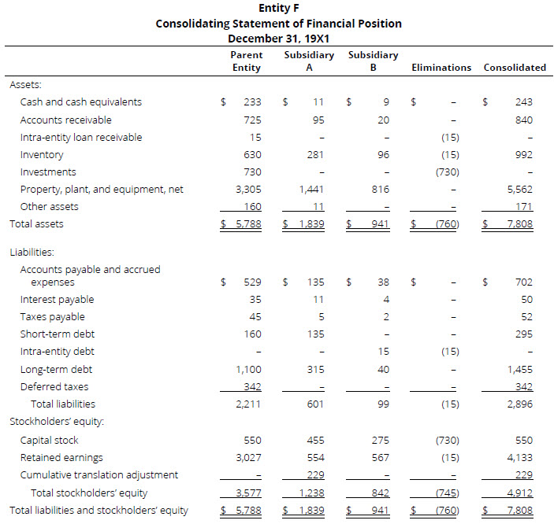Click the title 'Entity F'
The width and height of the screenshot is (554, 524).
tap(278, 9)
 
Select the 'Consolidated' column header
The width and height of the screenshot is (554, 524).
tap(515, 68)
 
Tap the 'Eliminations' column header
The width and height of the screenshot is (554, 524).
tap(441, 68)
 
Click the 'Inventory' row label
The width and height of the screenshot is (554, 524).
tap(37, 155)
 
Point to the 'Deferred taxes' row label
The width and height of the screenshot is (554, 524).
tap(54, 387)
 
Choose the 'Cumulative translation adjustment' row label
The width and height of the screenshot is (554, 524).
tap(99, 474)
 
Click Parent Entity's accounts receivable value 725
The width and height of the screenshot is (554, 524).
tap(252, 120)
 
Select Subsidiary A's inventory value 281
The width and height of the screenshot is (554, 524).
tap(314, 155)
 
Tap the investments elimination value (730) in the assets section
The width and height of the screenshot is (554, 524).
tap(446, 172)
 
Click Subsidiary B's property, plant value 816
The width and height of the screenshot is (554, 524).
tap(380, 190)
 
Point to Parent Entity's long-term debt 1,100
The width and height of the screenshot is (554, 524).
tap(249, 370)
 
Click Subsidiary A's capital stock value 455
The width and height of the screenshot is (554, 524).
tap(314, 441)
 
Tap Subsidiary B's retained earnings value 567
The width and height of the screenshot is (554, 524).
tap(380, 457)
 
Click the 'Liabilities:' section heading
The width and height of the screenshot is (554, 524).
tap(32, 253)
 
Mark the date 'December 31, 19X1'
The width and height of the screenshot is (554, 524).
tap(278, 38)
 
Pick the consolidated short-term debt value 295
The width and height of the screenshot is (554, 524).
tap(523, 334)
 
